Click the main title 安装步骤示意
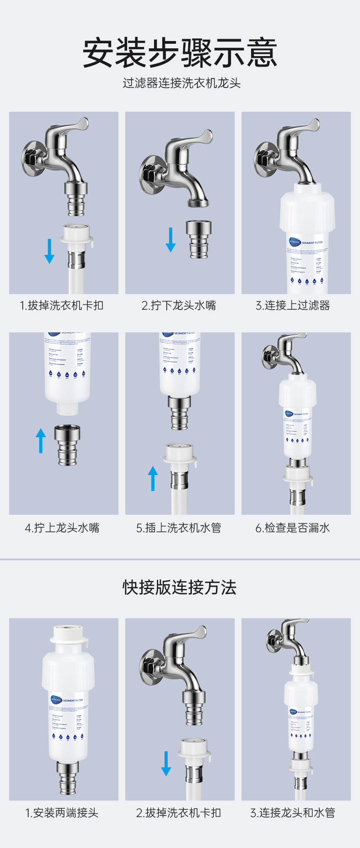tap(180, 53)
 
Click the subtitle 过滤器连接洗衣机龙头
tap(181, 83)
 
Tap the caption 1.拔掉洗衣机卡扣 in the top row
tap(62, 305)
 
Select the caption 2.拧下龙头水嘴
tap(179, 305)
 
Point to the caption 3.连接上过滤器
tap(293, 305)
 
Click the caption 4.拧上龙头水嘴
tap(62, 528)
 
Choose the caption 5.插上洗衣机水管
tap(179, 528)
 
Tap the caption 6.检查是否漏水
tap(293, 528)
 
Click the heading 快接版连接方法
tap(180, 587)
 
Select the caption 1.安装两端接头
tap(62, 812)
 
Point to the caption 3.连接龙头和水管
tap(293, 812)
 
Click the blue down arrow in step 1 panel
tap(49, 251)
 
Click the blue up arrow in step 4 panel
tap(41, 440)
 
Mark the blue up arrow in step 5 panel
tap(153, 478)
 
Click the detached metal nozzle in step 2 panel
tap(199, 239)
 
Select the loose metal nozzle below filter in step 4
tap(67, 445)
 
